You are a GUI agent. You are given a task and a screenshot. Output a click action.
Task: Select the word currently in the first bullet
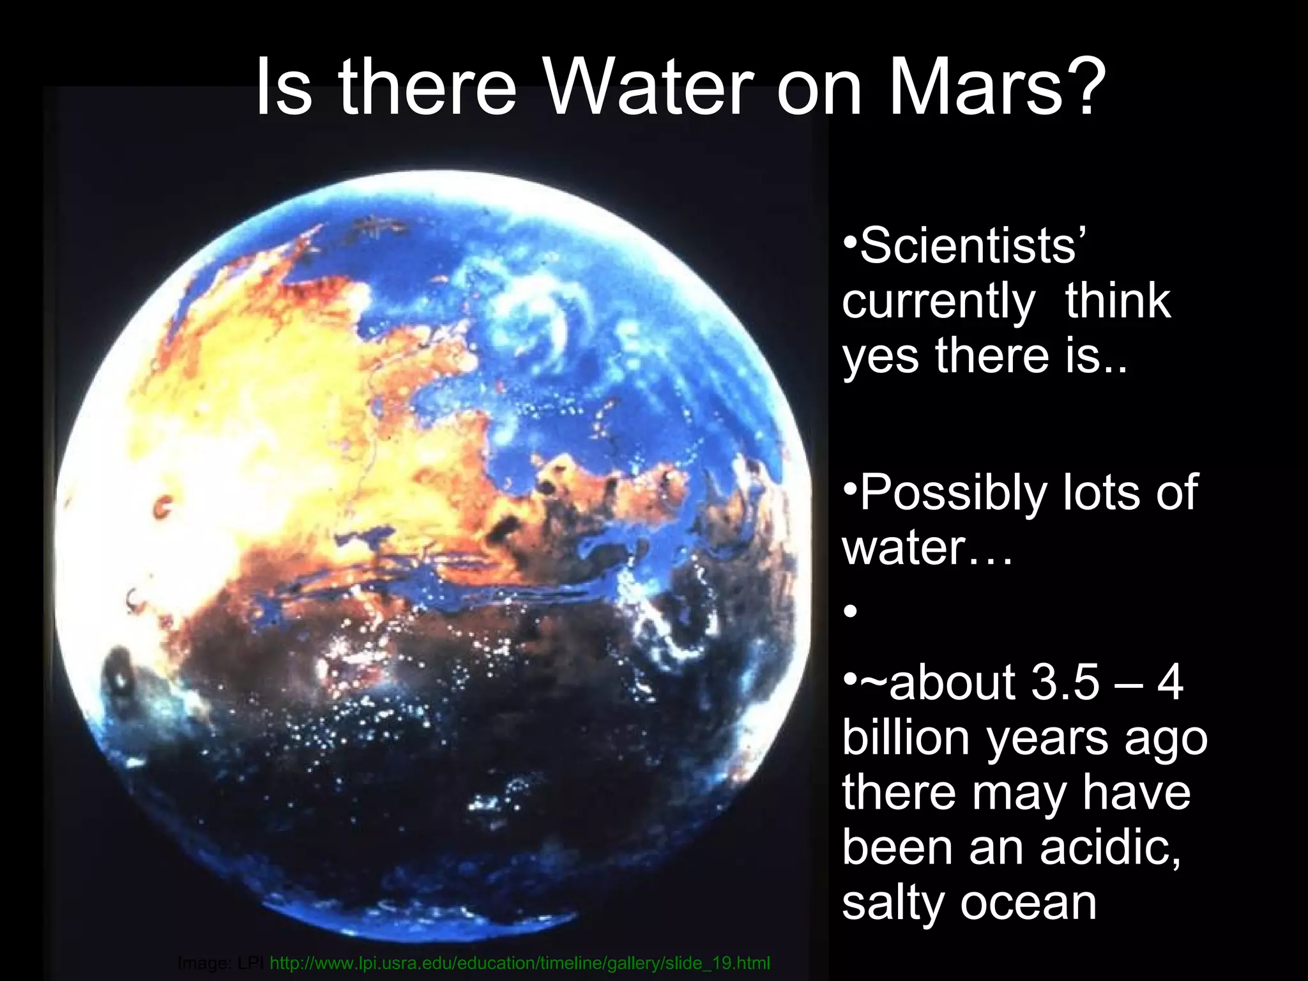tap(938, 301)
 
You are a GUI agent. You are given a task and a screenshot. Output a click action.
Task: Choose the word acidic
tap(1110, 847)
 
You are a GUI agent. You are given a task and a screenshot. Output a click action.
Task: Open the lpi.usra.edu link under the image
tap(520, 962)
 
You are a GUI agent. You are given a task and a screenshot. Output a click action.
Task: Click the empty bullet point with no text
tap(850, 612)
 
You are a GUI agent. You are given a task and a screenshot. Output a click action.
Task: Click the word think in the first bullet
tap(1118, 301)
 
